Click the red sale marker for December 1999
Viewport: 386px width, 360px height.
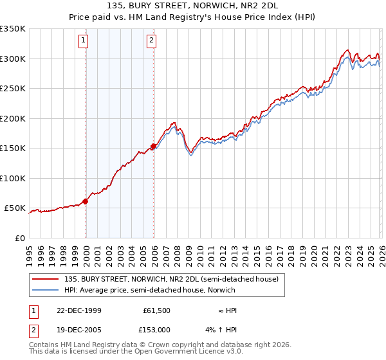(x=86, y=201)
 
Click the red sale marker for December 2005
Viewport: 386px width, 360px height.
(x=154, y=147)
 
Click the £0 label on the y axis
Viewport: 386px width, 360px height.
(x=19, y=238)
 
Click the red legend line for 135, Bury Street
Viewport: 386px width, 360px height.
(x=46, y=279)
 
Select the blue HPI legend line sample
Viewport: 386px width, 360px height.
(x=46, y=290)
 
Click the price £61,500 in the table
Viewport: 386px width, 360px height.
(x=156, y=310)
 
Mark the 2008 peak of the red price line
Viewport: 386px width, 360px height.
(x=174, y=122)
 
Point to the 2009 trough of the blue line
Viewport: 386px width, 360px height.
(x=191, y=156)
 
